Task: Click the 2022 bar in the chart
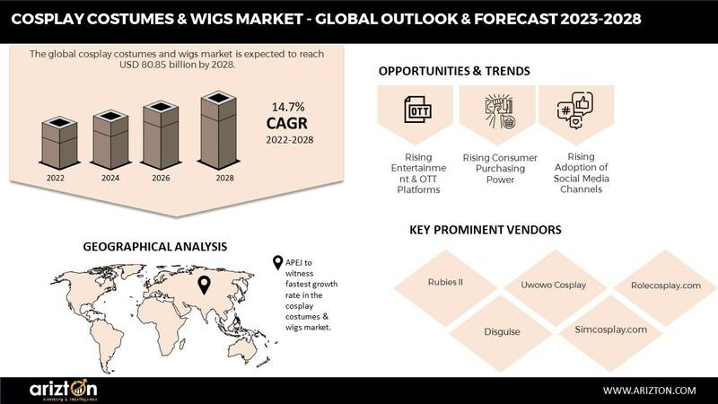point(59,143)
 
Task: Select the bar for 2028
point(219,130)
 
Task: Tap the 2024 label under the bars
point(110,178)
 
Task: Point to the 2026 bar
point(161,136)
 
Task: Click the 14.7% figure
point(288,107)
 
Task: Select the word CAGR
point(287,123)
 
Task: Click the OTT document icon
point(417,110)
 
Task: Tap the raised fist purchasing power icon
point(500,111)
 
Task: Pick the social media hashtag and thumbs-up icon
point(575,110)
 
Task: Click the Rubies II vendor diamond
point(445,287)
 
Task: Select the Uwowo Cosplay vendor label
point(553,285)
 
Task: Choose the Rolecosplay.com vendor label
point(666,285)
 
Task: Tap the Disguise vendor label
point(502,331)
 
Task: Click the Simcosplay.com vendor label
point(611,329)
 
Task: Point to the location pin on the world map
point(205,285)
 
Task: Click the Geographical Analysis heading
point(154,246)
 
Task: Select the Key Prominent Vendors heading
point(486,230)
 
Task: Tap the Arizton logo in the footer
point(63,390)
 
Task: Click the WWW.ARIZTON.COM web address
point(649,391)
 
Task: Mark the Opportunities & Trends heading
point(454,71)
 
